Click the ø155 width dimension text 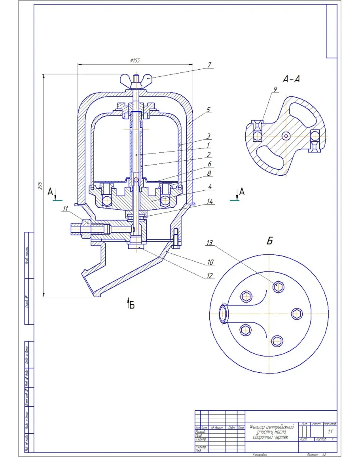tap(135, 61)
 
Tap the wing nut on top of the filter tap(136, 79)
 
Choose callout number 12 tap(209, 276)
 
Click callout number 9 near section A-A tap(274, 89)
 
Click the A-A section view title tap(291, 79)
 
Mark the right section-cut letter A tap(242, 192)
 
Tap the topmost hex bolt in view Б tap(279, 286)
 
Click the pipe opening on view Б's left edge tap(223, 313)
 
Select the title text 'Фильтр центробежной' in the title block tap(272, 427)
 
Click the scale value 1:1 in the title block tap(330, 431)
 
